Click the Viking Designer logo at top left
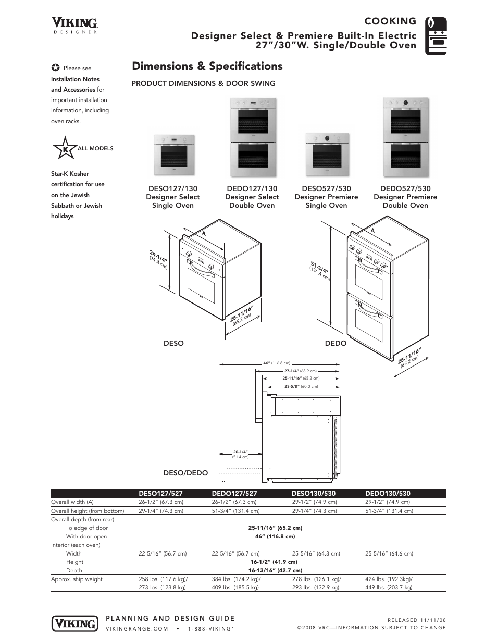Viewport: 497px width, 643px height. pos(74,24)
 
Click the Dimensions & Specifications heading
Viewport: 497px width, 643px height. pos(207,66)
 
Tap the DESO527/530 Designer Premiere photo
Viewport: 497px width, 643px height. pos(326,155)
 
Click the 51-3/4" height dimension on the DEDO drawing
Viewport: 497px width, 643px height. pos(320,271)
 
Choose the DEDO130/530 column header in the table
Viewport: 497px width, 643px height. pos(388,494)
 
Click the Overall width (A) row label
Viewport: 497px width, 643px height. pos(72,502)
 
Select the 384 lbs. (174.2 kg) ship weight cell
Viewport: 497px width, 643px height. pos(236,579)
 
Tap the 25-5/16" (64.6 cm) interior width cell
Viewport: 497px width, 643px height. pos(389,553)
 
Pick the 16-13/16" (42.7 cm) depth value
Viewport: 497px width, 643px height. pos(275,570)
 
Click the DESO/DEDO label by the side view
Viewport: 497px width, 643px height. pos(185,473)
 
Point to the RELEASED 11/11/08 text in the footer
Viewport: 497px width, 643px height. pos(417,620)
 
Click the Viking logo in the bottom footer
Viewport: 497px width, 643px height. pos(74,623)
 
